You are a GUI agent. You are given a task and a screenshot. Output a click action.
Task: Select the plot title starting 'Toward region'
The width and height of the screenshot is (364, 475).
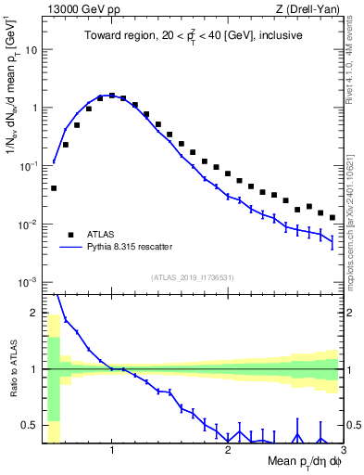193,36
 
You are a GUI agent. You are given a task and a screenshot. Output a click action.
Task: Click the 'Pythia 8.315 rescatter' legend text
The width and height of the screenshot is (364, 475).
135,248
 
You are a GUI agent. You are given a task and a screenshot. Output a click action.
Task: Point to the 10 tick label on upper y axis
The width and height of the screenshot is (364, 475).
31,49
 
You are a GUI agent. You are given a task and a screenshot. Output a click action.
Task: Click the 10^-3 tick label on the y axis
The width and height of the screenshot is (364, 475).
28,282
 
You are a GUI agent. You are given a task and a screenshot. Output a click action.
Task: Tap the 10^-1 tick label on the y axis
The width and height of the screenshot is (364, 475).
28,166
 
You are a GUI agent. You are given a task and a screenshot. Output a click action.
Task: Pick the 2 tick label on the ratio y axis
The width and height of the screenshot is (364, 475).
35,313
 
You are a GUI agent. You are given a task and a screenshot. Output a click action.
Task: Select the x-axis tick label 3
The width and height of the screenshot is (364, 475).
342,450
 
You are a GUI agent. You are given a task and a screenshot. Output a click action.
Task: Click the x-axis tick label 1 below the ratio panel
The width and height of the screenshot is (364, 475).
112,450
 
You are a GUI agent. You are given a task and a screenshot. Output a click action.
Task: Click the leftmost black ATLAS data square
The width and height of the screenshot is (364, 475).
54,188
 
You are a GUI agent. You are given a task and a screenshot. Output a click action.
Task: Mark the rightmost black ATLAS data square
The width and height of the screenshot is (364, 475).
333,218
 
